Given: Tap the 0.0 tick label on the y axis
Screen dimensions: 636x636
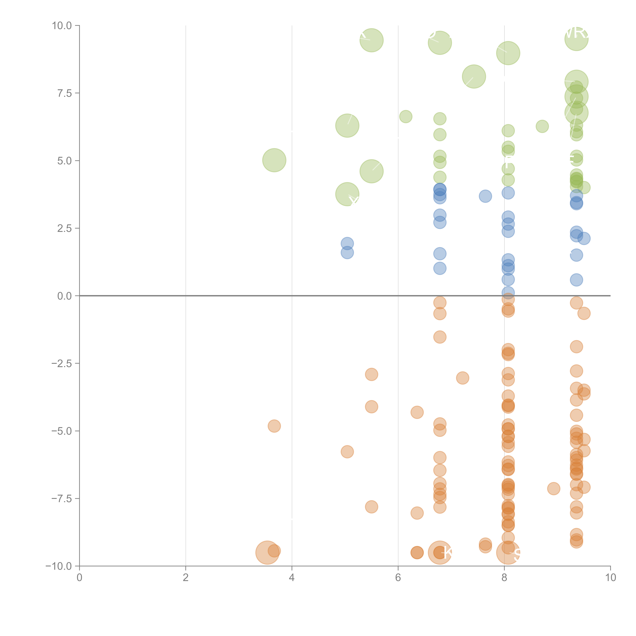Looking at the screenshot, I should tap(64, 296).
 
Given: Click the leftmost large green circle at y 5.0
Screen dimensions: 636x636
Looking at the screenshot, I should tap(274, 160).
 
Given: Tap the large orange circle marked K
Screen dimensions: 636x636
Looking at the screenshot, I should tap(440, 552).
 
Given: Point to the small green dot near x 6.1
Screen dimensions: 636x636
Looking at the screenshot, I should tap(406, 117).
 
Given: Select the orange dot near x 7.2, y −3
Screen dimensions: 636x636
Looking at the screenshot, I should tap(462, 378).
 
